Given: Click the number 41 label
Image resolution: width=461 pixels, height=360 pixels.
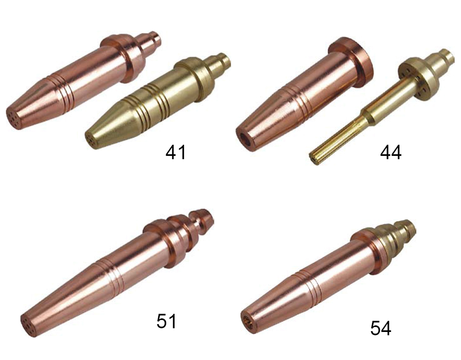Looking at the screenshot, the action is tap(176, 153).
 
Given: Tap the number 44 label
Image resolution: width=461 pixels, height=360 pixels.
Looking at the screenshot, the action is tap(391, 153).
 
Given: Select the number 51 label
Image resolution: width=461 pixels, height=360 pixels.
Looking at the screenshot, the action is tap(166, 321).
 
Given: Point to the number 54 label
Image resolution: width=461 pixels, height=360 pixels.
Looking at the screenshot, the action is tap(381, 328).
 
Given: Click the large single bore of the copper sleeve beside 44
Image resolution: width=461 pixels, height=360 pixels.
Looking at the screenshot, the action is tap(245, 139).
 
